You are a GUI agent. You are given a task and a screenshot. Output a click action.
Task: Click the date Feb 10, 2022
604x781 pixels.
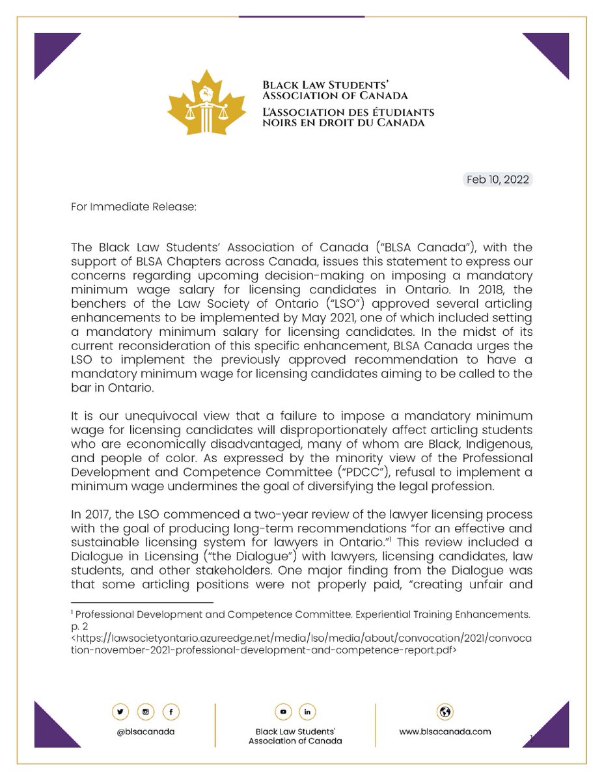pos(499,180)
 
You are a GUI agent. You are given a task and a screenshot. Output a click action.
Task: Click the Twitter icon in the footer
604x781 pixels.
pos(120,712)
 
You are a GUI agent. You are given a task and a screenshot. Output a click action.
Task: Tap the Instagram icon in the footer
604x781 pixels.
pos(145,712)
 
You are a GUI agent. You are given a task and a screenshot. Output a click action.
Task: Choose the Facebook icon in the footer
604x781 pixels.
pos(171,712)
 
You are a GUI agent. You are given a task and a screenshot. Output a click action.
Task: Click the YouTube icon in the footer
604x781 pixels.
pos(283,712)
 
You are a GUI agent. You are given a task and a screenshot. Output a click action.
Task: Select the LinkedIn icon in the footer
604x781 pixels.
pos(307,712)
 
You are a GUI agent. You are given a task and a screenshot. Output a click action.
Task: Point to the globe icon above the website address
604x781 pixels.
pos(445,711)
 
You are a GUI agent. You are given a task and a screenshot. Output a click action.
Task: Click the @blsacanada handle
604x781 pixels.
pos(144,731)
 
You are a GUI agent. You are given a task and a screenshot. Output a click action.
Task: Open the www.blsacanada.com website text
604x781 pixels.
pos(445,731)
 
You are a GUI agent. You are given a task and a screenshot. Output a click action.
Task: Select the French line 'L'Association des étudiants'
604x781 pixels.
pos(348,112)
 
